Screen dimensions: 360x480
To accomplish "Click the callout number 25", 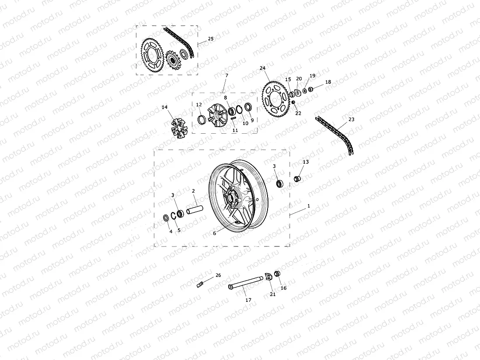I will [x=211, y=39].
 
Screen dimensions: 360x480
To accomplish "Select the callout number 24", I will [x=262, y=68].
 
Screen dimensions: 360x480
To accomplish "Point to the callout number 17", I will [x=248, y=300].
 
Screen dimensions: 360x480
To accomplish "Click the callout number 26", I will [x=218, y=275].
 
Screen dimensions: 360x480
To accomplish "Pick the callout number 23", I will [x=351, y=119].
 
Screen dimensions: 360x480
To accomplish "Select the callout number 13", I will [x=306, y=162].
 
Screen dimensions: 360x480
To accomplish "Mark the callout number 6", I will [x=215, y=233].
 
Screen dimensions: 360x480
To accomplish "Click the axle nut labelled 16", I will [x=277, y=274].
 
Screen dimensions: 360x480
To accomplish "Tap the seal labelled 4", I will [x=167, y=218].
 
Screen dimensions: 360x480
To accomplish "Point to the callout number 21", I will [x=273, y=294].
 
